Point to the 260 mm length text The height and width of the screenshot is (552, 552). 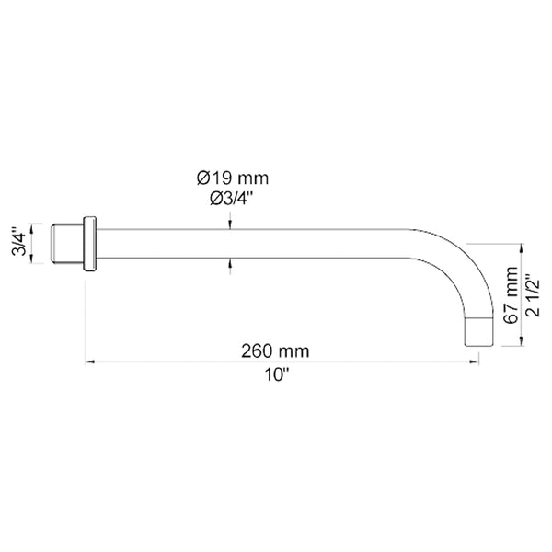[x=275, y=351]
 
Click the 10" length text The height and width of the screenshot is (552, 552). [x=275, y=374]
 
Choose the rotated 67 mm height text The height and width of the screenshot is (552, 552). [x=512, y=295]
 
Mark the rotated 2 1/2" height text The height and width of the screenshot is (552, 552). [x=532, y=295]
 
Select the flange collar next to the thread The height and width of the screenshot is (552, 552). [x=89, y=244]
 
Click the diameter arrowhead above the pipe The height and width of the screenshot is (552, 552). [x=230, y=221]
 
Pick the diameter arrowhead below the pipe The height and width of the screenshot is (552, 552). [x=230, y=268]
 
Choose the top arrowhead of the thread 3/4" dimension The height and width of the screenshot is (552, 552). [x=33, y=225]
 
